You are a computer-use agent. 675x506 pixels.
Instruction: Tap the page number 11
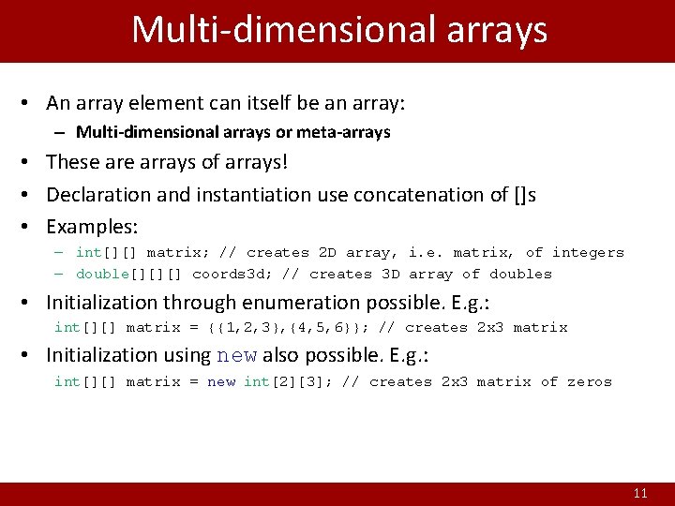tap(640, 493)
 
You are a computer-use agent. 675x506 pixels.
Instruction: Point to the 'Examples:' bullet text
tap(92, 227)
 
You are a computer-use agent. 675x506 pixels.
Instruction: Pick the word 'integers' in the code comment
tap(588, 252)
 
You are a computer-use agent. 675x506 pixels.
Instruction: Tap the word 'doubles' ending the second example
tap(520, 275)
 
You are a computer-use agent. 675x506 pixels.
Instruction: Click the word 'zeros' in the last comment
tap(590, 382)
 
